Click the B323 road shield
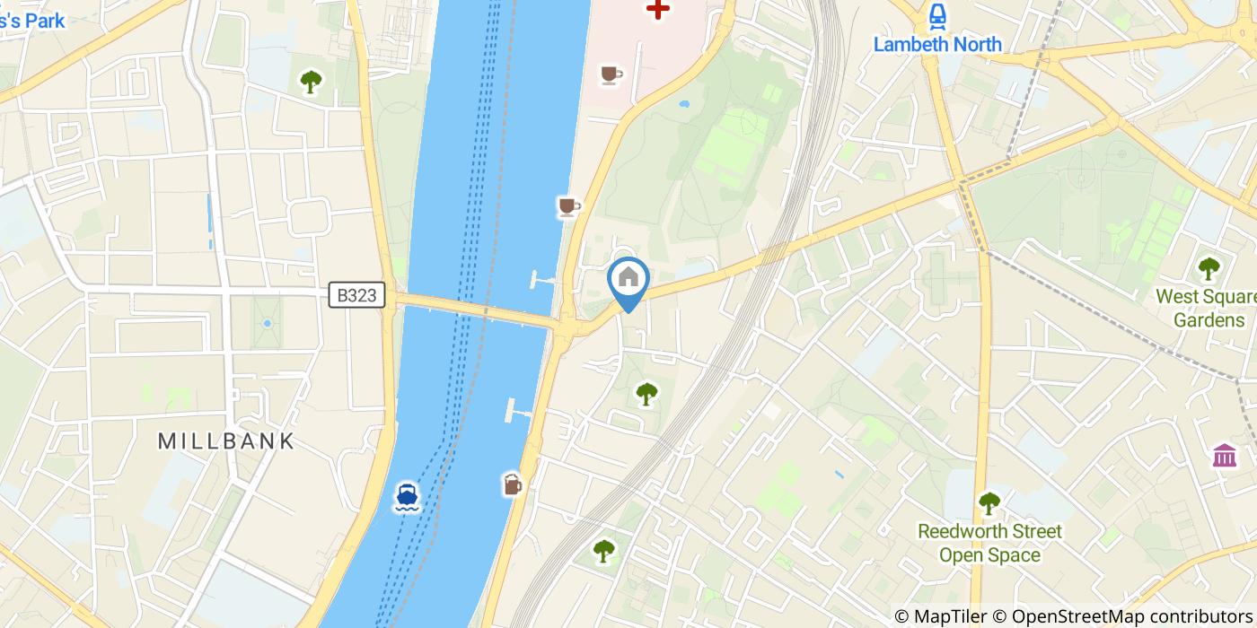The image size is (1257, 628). pyautogui.click(x=356, y=295)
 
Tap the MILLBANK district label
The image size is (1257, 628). pyautogui.click(x=226, y=440)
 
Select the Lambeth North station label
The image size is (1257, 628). pyautogui.click(x=937, y=44)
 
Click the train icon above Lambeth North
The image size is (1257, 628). pyautogui.click(x=937, y=14)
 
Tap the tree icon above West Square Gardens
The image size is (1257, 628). pyautogui.click(x=1209, y=267)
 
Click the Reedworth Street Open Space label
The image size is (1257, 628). pyautogui.click(x=989, y=543)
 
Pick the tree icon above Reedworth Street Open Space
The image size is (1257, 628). pyautogui.click(x=989, y=502)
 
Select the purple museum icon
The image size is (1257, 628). pyautogui.click(x=1224, y=455)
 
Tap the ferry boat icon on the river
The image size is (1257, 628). pyautogui.click(x=406, y=496)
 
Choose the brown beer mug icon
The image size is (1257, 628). pyautogui.click(x=512, y=484)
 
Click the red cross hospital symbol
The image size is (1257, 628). pyautogui.click(x=658, y=10)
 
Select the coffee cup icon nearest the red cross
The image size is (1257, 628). pyautogui.click(x=611, y=74)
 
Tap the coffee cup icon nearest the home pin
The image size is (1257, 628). pyautogui.click(x=568, y=207)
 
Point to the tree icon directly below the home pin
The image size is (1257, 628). pyautogui.click(x=646, y=393)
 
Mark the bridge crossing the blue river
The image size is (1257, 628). pyautogui.click(x=476, y=311)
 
